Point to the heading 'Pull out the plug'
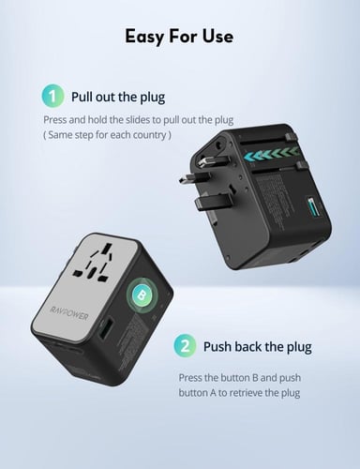click(117, 97)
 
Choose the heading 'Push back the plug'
click(256, 346)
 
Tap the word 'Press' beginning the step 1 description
click(55, 120)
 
